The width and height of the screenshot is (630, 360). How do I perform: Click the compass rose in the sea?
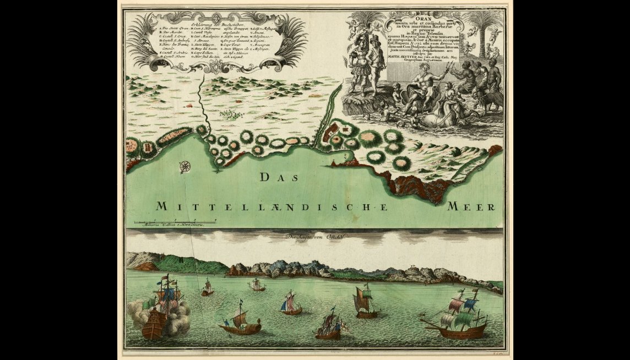click(x=186, y=165)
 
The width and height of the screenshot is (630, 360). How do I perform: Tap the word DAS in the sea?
click(x=279, y=178)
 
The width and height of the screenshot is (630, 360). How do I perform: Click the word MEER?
click(x=471, y=207)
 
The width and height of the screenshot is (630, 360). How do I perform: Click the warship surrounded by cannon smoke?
click(x=160, y=311)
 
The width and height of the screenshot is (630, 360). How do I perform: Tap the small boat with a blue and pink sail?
click(x=291, y=304)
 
